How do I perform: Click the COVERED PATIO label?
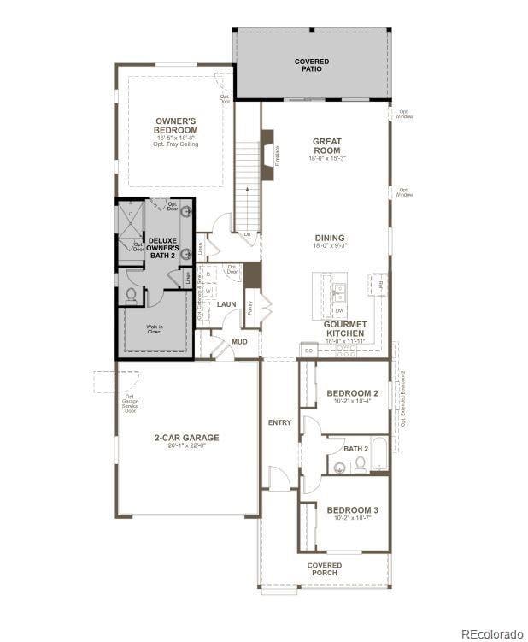click(312, 65)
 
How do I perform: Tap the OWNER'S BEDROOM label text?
click(176, 126)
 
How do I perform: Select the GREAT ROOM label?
click(326, 146)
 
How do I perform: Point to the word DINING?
click(329, 239)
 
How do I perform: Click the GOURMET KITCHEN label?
click(345, 329)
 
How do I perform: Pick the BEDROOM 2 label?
click(352, 394)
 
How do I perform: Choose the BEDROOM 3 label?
click(352, 510)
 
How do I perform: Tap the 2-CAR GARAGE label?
click(186, 438)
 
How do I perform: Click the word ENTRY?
click(279, 422)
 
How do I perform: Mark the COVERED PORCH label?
click(325, 569)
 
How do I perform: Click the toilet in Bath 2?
click(361, 464)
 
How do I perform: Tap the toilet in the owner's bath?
click(132, 296)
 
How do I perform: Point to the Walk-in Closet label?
click(154, 329)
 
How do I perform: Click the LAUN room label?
click(226, 304)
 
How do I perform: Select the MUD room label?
click(240, 342)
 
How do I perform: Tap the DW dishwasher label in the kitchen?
click(340, 310)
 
